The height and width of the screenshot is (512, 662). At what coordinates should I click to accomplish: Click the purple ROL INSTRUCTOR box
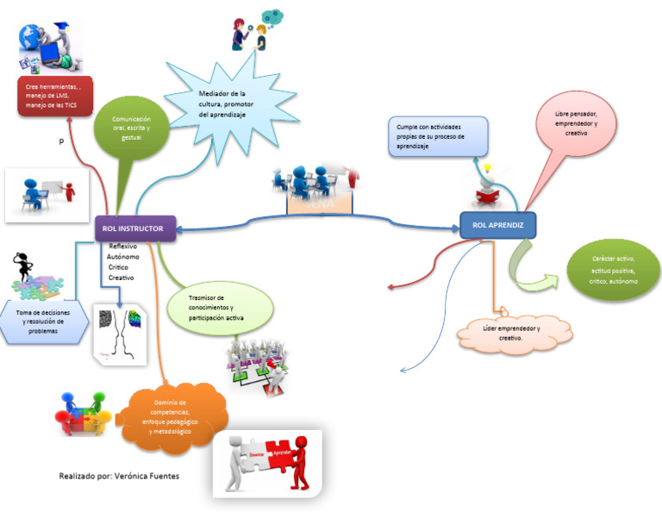coord(134,228)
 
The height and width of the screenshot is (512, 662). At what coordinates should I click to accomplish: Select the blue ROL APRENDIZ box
coord(497,225)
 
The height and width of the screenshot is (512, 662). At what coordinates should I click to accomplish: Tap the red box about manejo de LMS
coord(54,95)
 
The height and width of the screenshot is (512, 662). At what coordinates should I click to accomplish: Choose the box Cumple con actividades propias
coord(437,135)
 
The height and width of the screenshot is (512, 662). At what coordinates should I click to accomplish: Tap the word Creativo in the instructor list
coord(121,278)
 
